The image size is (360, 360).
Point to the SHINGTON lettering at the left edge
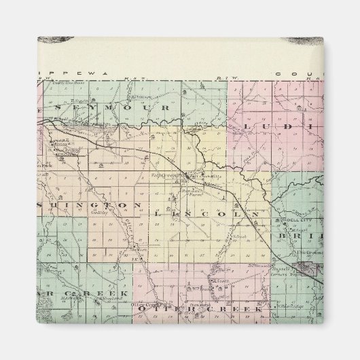[88, 204]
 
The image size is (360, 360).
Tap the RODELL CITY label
[285, 221]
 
